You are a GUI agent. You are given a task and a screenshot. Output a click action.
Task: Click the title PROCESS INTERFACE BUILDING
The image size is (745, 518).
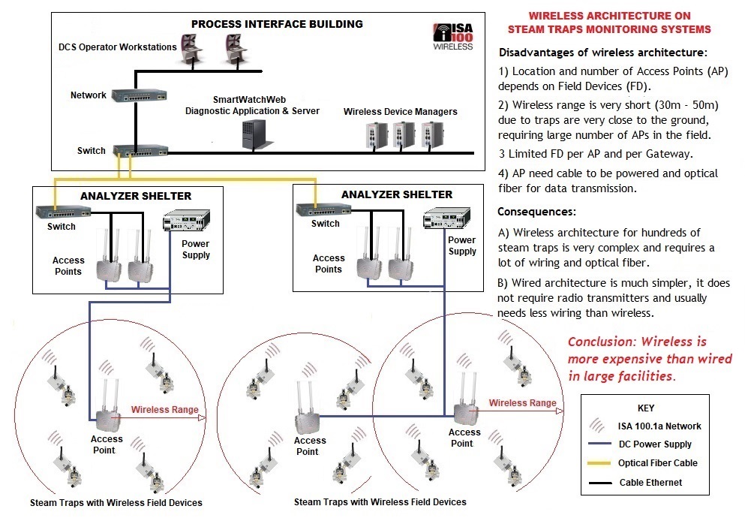click(x=277, y=24)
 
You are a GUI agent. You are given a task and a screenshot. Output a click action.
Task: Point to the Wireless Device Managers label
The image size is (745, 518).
click(x=400, y=112)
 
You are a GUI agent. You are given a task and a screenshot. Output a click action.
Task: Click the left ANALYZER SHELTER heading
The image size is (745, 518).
click(x=135, y=196)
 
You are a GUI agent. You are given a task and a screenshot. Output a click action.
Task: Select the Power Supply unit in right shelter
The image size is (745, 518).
click(x=440, y=218)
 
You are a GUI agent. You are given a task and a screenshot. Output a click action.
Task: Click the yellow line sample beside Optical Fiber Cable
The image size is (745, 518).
click(x=599, y=463)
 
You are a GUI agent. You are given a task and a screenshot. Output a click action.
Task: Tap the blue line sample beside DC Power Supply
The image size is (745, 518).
click(x=599, y=444)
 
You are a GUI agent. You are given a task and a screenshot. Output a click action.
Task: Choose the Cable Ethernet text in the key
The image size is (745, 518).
click(x=650, y=482)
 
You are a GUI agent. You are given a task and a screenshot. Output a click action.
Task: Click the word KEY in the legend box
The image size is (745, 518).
click(x=644, y=408)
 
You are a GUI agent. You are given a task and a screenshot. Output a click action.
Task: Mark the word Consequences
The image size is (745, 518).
click(x=536, y=212)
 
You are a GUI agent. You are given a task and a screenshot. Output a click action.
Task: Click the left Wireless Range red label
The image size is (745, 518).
click(x=164, y=410)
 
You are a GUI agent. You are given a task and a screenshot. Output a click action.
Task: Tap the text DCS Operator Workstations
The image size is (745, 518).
click(x=118, y=47)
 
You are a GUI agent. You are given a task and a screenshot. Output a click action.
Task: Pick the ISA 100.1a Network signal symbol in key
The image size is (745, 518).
click(x=599, y=426)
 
